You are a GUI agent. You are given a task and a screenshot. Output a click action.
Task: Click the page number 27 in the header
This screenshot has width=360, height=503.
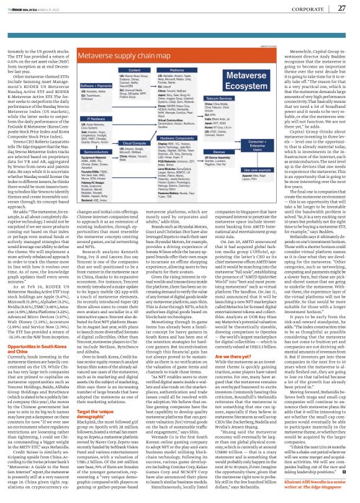341,7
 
